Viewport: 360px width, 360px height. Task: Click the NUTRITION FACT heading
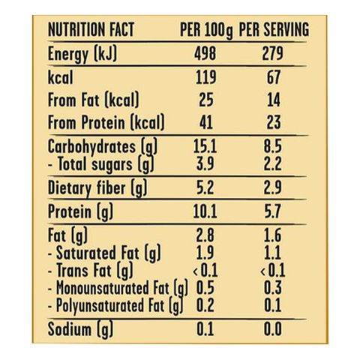(91, 29)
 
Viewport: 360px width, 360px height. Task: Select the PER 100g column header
(206, 31)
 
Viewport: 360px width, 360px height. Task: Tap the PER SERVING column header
(274, 29)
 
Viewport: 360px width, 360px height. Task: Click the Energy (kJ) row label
(82, 54)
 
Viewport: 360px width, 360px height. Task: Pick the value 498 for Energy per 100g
(205, 53)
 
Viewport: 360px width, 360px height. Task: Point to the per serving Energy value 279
(273, 53)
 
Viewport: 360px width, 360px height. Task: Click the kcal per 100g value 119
(205, 77)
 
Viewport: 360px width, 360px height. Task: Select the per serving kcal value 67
(274, 77)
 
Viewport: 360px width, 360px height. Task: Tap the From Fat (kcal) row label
(93, 100)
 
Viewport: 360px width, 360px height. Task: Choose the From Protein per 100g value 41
(206, 122)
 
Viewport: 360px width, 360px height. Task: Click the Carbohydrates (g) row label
(103, 147)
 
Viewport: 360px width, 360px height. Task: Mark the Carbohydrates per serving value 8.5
(273, 146)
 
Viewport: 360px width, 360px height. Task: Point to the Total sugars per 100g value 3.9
(205, 163)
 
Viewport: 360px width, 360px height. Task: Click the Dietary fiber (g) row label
(97, 188)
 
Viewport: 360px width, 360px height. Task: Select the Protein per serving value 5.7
(273, 211)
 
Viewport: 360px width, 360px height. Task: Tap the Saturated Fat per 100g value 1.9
(205, 253)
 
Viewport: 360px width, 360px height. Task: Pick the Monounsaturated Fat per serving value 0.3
(273, 287)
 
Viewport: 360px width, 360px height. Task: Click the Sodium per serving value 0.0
(273, 329)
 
